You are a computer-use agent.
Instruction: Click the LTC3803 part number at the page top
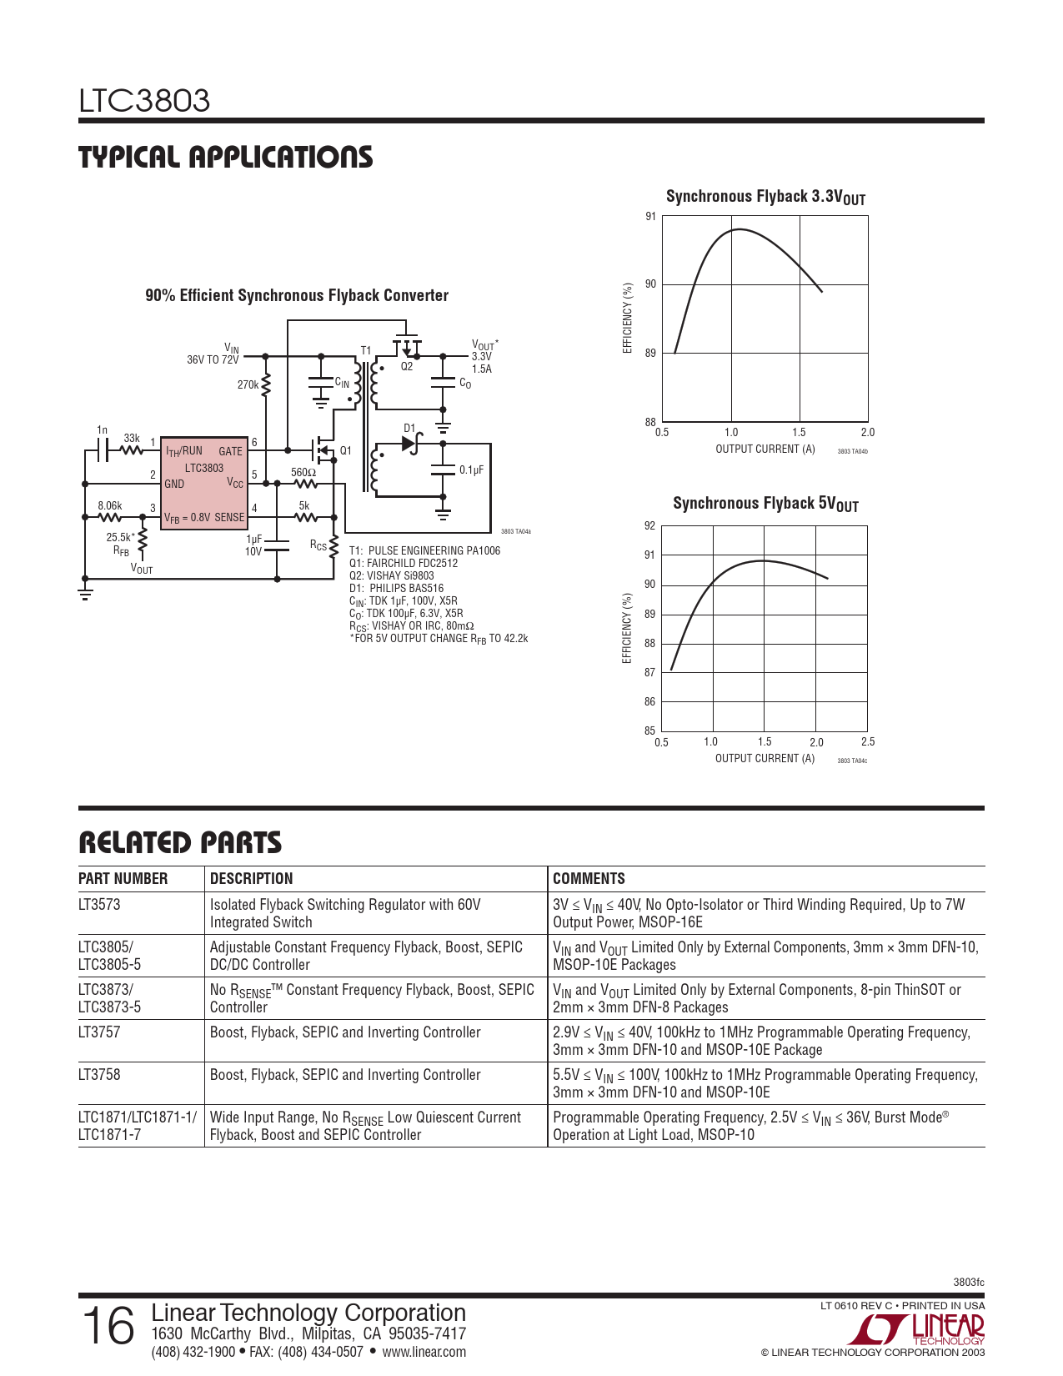[144, 101]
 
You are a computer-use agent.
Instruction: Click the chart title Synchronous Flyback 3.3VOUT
[765, 197]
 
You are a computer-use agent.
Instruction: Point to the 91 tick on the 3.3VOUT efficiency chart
[650, 217]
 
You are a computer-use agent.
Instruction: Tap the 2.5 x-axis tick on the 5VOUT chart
[867, 741]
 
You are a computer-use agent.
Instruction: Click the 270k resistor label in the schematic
[248, 385]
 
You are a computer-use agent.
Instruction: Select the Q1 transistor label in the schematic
[345, 450]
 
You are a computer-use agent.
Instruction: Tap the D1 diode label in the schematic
[409, 428]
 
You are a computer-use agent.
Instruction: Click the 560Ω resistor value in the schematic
[303, 472]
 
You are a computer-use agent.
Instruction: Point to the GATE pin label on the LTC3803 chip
[230, 451]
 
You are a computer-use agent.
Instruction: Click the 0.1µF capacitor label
[471, 470]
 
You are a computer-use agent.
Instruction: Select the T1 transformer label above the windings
[365, 350]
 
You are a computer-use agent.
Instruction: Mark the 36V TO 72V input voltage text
[213, 360]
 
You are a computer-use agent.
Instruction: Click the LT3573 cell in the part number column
[99, 905]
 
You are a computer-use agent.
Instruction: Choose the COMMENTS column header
[589, 879]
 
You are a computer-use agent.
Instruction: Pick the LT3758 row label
[99, 1075]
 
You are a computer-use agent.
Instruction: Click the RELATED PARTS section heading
[180, 843]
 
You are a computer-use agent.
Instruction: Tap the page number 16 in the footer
[108, 1326]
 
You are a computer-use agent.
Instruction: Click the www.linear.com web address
[424, 1352]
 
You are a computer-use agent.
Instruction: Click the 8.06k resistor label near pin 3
[109, 505]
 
